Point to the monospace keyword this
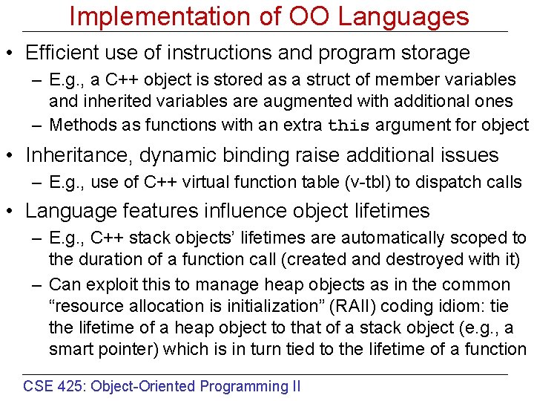pyautogui.click(x=349, y=125)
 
